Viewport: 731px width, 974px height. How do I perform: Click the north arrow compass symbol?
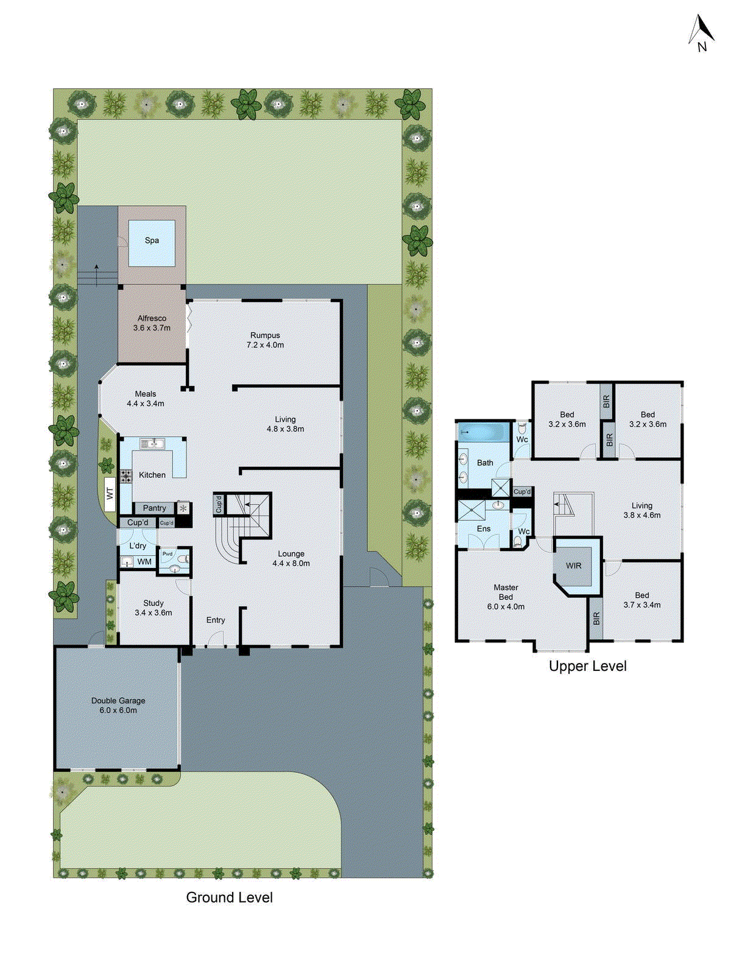point(701,33)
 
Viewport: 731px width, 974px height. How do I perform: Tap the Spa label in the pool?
point(152,240)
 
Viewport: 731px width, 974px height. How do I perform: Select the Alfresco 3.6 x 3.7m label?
point(152,323)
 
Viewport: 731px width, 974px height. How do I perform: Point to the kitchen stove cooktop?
point(126,476)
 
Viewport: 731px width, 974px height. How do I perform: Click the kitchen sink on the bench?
point(152,444)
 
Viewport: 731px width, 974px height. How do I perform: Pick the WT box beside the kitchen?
point(110,493)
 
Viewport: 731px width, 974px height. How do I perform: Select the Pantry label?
point(154,508)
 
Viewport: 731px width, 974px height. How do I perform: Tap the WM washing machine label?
point(144,561)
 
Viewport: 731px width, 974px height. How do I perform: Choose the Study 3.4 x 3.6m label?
point(154,608)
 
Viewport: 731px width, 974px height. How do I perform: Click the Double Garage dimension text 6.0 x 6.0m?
point(118,710)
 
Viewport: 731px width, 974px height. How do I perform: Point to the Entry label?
point(216,620)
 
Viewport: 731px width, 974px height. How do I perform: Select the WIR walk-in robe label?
point(574,566)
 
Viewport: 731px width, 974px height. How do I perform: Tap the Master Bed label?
point(506,592)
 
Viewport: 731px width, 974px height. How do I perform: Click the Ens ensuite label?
point(484,528)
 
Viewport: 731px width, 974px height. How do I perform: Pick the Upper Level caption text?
point(587,666)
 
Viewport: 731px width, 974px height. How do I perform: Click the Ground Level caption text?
point(229,897)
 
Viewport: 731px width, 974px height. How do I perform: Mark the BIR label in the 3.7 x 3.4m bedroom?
point(596,618)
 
